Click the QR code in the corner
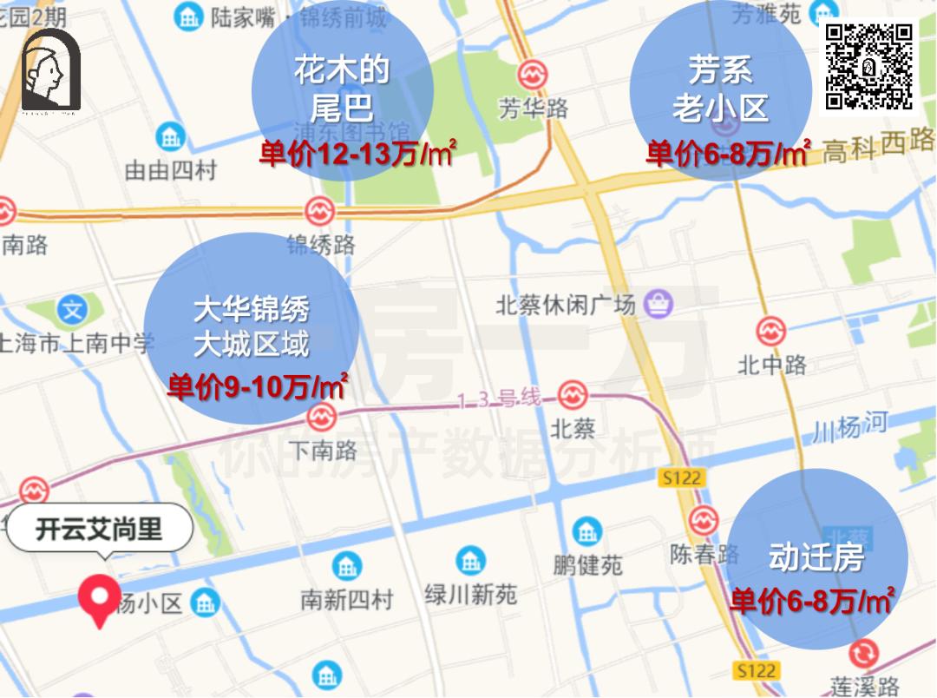coord(869,68)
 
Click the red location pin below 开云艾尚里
coord(99,600)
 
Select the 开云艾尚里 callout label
coord(100,529)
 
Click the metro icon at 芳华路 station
coord(533,73)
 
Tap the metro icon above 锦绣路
coord(319,210)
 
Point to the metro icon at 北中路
coord(770,331)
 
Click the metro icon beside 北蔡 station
coord(572,395)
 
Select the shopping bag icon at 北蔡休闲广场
coord(661,303)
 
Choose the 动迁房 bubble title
coord(816,557)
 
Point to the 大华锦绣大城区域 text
coord(252,327)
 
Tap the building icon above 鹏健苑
coord(587,531)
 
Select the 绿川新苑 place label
coord(471,594)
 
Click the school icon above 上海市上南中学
coord(73,309)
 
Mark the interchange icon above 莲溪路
coord(863,653)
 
